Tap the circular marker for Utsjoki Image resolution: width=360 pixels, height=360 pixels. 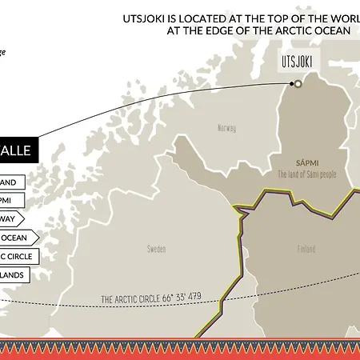(x=298, y=82)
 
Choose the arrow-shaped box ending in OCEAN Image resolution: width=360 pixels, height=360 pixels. (x=18, y=237)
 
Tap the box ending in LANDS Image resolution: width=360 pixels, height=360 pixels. (x=15, y=274)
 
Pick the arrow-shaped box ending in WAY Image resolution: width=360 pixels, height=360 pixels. (x=11, y=218)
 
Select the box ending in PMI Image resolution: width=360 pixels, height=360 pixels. (x=10, y=199)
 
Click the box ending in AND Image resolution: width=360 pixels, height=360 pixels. (x=10, y=182)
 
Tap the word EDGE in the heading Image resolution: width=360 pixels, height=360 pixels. (x=206, y=31)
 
